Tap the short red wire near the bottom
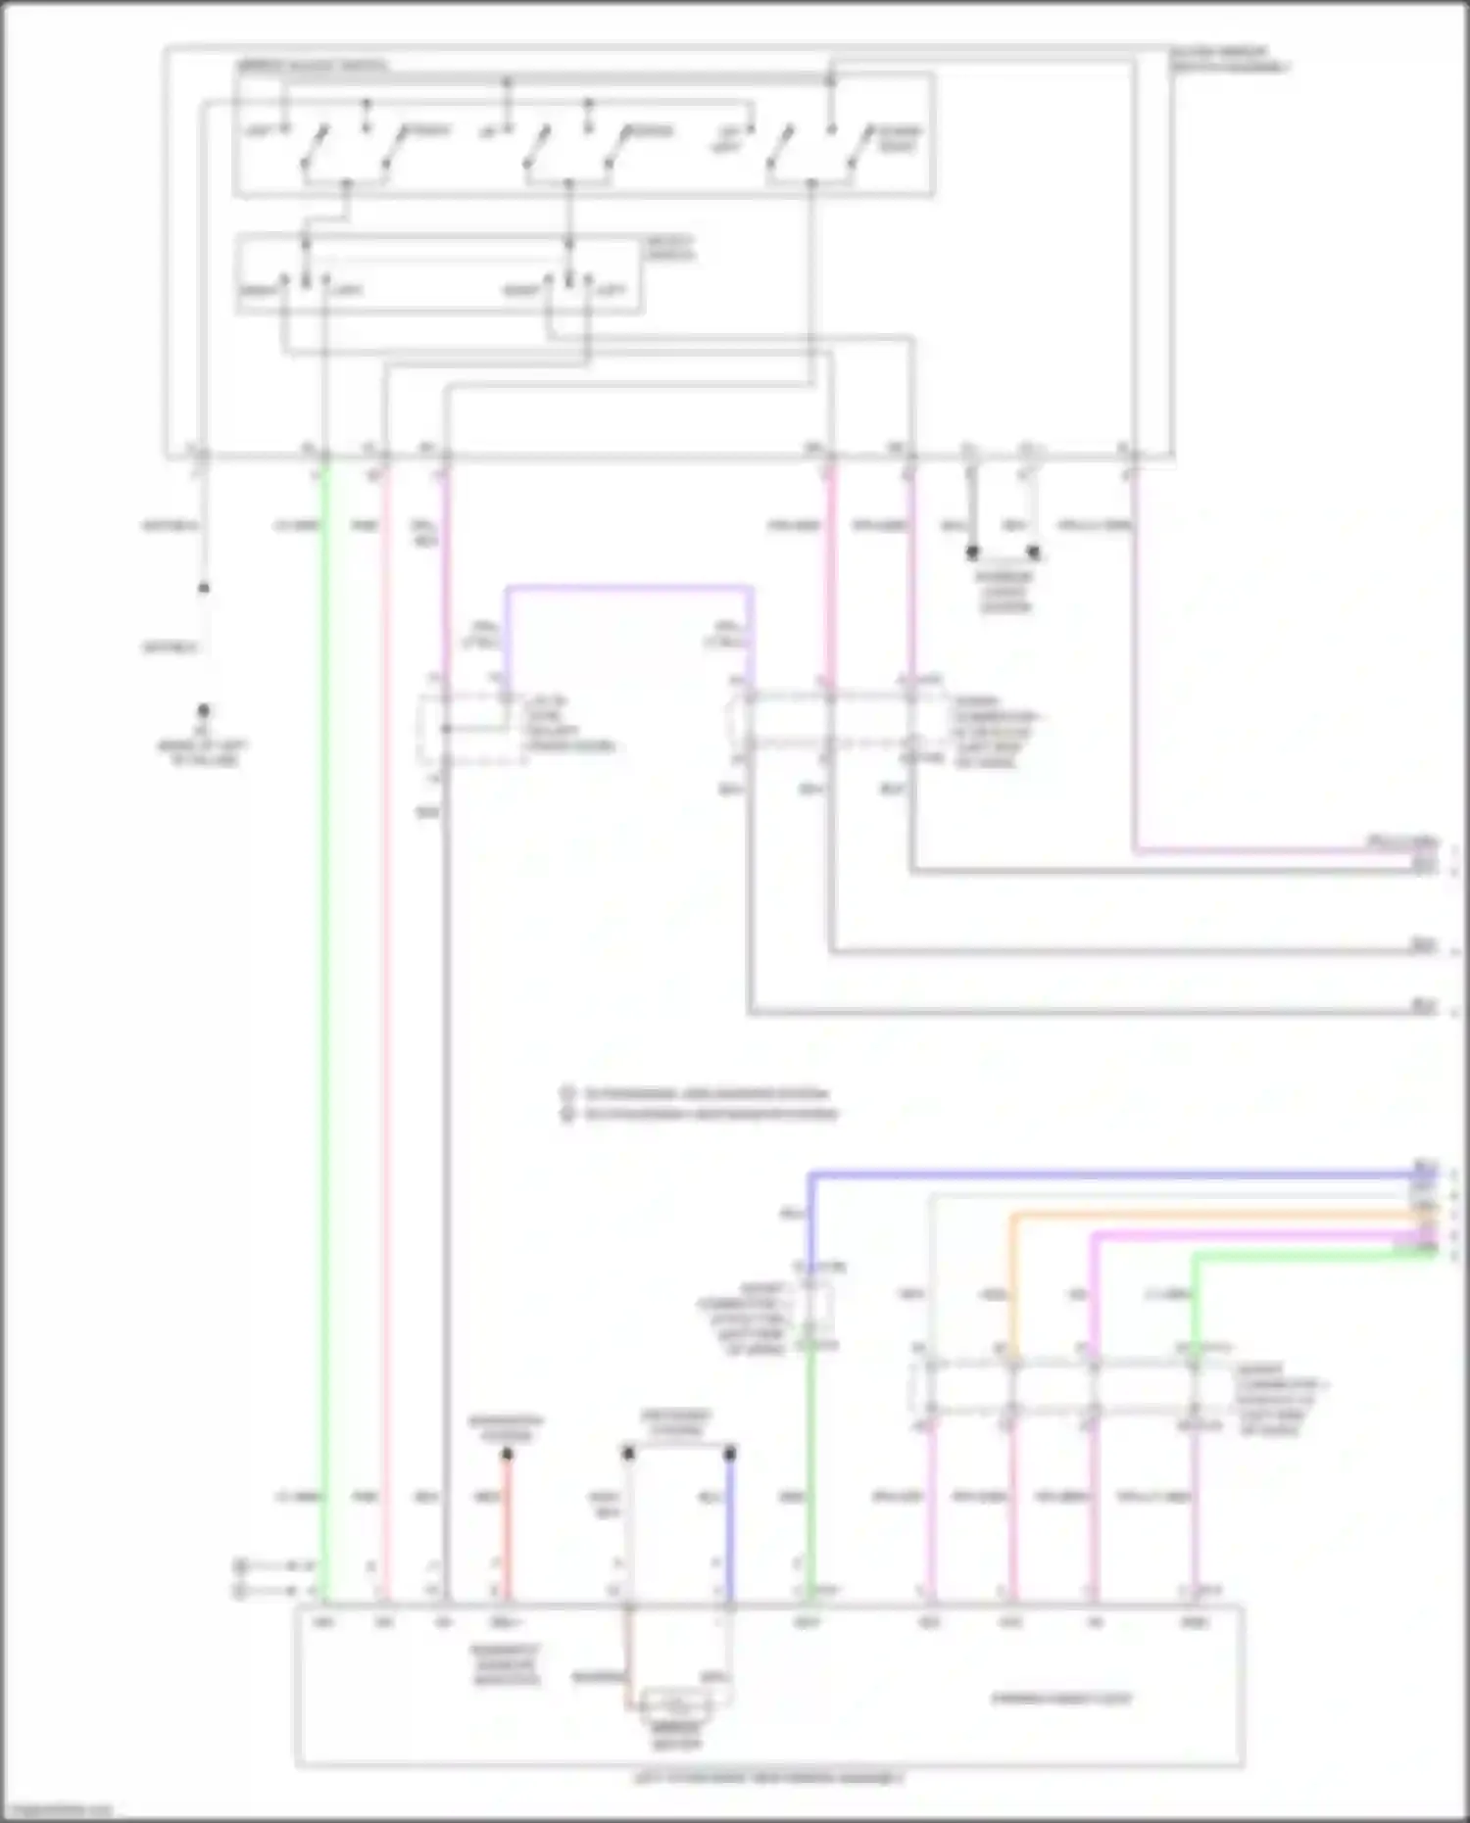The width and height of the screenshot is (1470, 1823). point(508,1528)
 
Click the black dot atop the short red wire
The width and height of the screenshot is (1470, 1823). point(508,1455)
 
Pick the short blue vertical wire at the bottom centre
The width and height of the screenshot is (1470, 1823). point(730,1528)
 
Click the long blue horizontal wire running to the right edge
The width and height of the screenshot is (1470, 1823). point(1107,1173)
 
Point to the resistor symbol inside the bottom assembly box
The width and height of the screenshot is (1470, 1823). point(676,1700)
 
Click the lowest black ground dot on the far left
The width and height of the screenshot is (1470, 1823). point(203,710)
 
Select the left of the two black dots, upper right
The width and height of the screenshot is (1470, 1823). point(972,553)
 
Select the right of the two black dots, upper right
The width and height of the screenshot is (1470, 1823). point(1033,553)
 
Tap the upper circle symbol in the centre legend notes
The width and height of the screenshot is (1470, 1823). point(566,1093)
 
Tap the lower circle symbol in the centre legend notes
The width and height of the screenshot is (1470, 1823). point(566,1114)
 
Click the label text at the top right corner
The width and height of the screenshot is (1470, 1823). point(1230,59)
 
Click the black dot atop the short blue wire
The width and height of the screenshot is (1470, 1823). point(730,1455)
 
